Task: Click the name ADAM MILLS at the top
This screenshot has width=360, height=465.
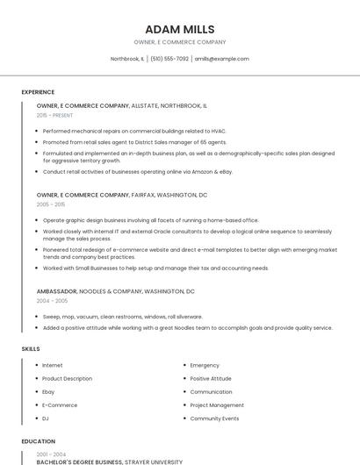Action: coord(179,29)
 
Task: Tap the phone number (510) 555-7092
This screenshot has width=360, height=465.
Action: coord(169,59)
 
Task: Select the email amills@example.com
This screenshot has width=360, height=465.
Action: coord(221,59)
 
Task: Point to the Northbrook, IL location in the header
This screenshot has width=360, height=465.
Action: coord(127,59)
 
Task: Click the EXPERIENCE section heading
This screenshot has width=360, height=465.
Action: coord(38,92)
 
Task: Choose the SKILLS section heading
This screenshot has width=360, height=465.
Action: coord(31,348)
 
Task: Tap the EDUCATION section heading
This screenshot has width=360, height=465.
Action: coord(38,441)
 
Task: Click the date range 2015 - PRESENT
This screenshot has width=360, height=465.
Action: coord(54,115)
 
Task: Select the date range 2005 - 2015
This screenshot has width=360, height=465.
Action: coord(51,204)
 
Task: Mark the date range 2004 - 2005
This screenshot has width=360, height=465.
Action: coord(52,300)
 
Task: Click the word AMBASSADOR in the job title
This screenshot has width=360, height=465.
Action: coord(56,290)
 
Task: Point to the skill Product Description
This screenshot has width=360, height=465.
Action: coord(67,378)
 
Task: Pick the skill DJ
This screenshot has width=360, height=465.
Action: coord(46,418)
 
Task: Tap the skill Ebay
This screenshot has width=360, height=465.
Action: coord(48,391)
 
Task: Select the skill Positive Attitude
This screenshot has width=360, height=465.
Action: coord(211,378)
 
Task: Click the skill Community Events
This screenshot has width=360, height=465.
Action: coord(214,418)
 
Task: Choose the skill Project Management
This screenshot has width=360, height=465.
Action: coord(217,405)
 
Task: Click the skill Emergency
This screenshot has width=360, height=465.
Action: coord(205,365)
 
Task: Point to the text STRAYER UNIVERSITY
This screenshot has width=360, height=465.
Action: coord(154,461)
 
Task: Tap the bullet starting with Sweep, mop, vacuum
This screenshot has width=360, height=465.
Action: coord(122,316)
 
